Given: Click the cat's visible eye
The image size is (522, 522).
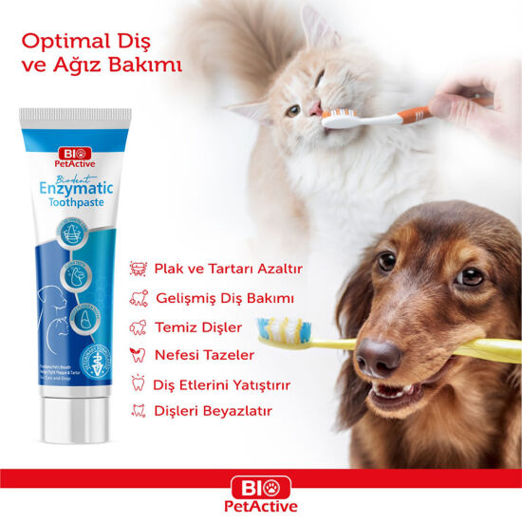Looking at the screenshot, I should pos(293,110).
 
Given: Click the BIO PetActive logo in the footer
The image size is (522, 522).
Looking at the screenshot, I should pos(261,494).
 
